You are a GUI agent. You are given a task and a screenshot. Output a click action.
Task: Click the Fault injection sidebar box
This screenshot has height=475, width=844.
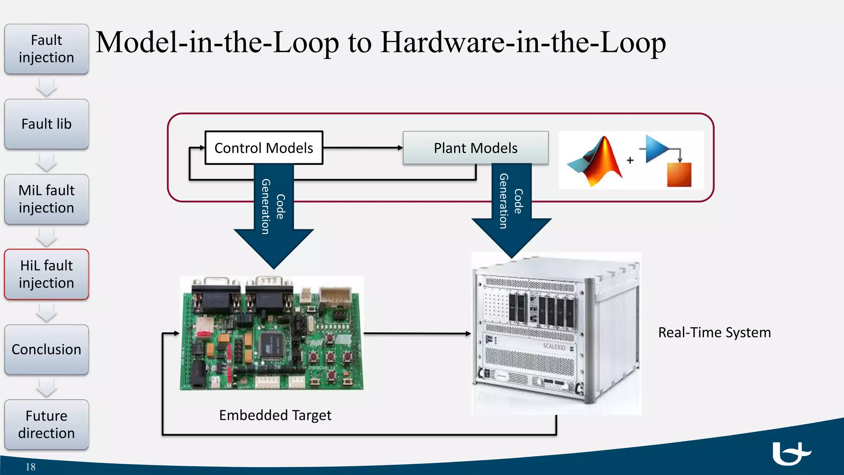click(47, 49)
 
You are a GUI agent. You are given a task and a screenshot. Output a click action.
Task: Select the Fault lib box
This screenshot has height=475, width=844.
click(47, 124)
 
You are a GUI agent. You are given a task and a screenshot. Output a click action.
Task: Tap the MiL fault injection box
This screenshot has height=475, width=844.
click(47, 199)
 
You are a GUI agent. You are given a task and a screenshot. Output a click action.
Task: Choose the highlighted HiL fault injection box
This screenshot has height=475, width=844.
click(47, 274)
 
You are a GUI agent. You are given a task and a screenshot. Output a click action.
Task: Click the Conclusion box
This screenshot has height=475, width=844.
click(47, 350)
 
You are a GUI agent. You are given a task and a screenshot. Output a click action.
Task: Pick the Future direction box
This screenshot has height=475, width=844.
click(47, 425)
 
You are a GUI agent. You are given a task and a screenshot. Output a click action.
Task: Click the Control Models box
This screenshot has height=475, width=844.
click(264, 148)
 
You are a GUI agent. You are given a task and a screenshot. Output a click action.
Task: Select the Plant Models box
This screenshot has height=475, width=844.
click(476, 148)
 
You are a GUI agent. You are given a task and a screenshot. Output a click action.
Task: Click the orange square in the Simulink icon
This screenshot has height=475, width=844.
click(679, 175)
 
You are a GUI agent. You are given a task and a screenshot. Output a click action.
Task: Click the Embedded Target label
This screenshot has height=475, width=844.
click(275, 415)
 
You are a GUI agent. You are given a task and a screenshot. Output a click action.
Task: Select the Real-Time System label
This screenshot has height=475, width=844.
click(714, 332)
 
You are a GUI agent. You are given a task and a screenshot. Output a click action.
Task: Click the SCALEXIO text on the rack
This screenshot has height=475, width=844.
click(554, 346)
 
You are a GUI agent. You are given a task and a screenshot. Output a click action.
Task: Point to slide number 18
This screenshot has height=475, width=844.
click(30, 467)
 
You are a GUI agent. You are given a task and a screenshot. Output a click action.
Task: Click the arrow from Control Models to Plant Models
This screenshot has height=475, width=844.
click(363, 148)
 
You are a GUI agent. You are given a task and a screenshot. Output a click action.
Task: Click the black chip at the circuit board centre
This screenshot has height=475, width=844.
click(272, 343)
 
